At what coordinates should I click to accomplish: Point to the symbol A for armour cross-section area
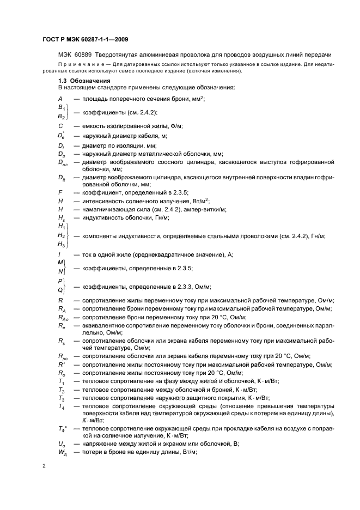pos(60,98)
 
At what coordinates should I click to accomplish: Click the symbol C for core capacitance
pos(60,126)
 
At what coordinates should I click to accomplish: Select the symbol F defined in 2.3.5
pos(60,192)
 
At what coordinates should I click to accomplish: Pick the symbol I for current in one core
pos(60,254)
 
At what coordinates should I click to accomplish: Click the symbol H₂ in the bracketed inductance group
pos(62,235)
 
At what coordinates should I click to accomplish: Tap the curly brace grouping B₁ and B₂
pos(69,112)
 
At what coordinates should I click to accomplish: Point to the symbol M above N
pos(60,262)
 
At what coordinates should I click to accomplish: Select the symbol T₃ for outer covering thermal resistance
pos(62,398)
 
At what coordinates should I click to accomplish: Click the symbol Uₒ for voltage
pos(62,444)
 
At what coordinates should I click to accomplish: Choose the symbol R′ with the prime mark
pos(62,363)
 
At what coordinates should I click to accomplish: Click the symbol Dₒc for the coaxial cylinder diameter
pos(63,162)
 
